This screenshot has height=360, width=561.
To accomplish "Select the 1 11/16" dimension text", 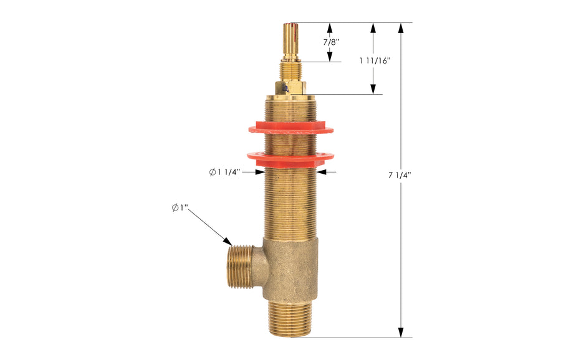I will pyautogui.click(x=375, y=60).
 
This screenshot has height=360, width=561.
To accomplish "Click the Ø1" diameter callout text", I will pyautogui.click(x=180, y=208).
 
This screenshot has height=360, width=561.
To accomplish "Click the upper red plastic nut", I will pyautogui.click(x=290, y=130).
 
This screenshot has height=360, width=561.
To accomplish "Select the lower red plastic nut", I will pyautogui.click(x=290, y=157).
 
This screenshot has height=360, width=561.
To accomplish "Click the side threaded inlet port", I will pyautogui.click(x=241, y=266).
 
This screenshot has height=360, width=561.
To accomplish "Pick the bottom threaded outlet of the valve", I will pyautogui.click(x=291, y=318).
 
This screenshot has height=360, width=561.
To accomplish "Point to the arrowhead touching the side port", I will pyautogui.click(x=227, y=241).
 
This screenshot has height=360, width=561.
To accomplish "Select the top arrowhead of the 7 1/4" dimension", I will pyautogui.click(x=401, y=29).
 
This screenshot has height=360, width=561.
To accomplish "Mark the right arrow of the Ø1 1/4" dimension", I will pyautogui.click(x=322, y=172).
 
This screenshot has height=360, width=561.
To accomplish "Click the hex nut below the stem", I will pyautogui.click(x=291, y=88).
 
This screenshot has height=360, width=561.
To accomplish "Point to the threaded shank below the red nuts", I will pyautogui.click(x=290, y=202).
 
